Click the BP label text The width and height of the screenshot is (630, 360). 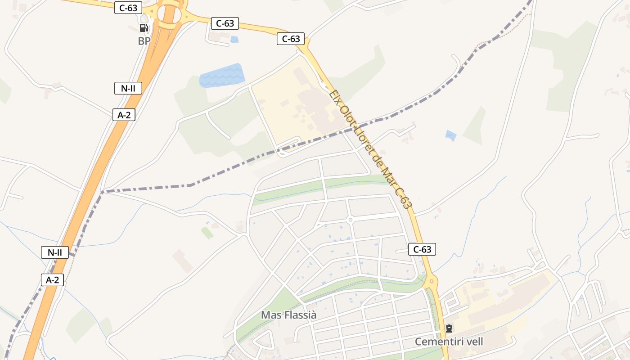tap(144, 41)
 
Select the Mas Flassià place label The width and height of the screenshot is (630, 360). tap(288, 315)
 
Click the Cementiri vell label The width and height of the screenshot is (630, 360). tap(449, 342)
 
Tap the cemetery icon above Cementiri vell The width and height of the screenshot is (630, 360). tap(449, 328)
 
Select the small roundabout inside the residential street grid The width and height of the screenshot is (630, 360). tap(350, 220)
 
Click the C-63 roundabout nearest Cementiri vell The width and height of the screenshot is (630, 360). tap(431, 282)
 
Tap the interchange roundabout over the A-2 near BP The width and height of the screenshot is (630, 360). tap(168, 15)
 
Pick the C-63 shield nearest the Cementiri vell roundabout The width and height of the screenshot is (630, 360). tap(422, 249)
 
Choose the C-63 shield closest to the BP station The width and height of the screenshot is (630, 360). tap(128, 8)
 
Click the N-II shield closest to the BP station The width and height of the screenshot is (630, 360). tap(128, 88)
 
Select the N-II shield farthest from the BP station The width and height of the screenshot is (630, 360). tap(55, 252)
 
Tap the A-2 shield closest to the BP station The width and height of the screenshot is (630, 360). tap(124, 115)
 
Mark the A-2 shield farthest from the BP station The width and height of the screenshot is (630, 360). tap(53, 280)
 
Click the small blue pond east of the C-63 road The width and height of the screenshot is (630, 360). tap(450, 135)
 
